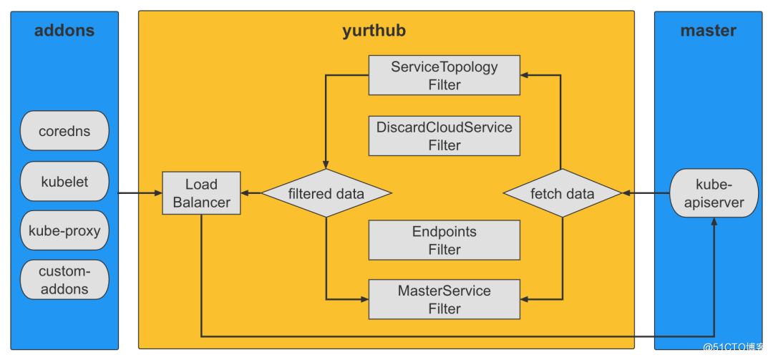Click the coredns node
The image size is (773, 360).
click(x=64, y=131)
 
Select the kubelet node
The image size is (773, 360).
click(x=64, y=181)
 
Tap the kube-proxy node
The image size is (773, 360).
click(x=64, y=230)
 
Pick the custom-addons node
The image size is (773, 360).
click(x=64, y=280)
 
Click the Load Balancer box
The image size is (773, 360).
click(x=201, y=193)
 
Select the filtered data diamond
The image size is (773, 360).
click(x=326, y=193)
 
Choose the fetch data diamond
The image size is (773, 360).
click(x=562, y=193)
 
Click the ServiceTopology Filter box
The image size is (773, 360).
click(x=444, y=75)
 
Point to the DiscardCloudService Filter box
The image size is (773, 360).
click(x=444, y=135)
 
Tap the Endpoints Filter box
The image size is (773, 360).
click(x=444, y=240)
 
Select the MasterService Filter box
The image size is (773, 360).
click(x=444, y=299)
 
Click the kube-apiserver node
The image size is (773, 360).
click(x=714, y=193)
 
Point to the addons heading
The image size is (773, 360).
click(x=64, y=31)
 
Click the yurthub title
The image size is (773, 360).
click(x=374, y=31)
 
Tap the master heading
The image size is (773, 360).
click(x=709, y=31)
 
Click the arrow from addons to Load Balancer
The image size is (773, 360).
click(x=140, y=193)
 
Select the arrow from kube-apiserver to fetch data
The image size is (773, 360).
click(x=646, y=193)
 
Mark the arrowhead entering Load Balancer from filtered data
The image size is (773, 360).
click(x=244, y=193)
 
